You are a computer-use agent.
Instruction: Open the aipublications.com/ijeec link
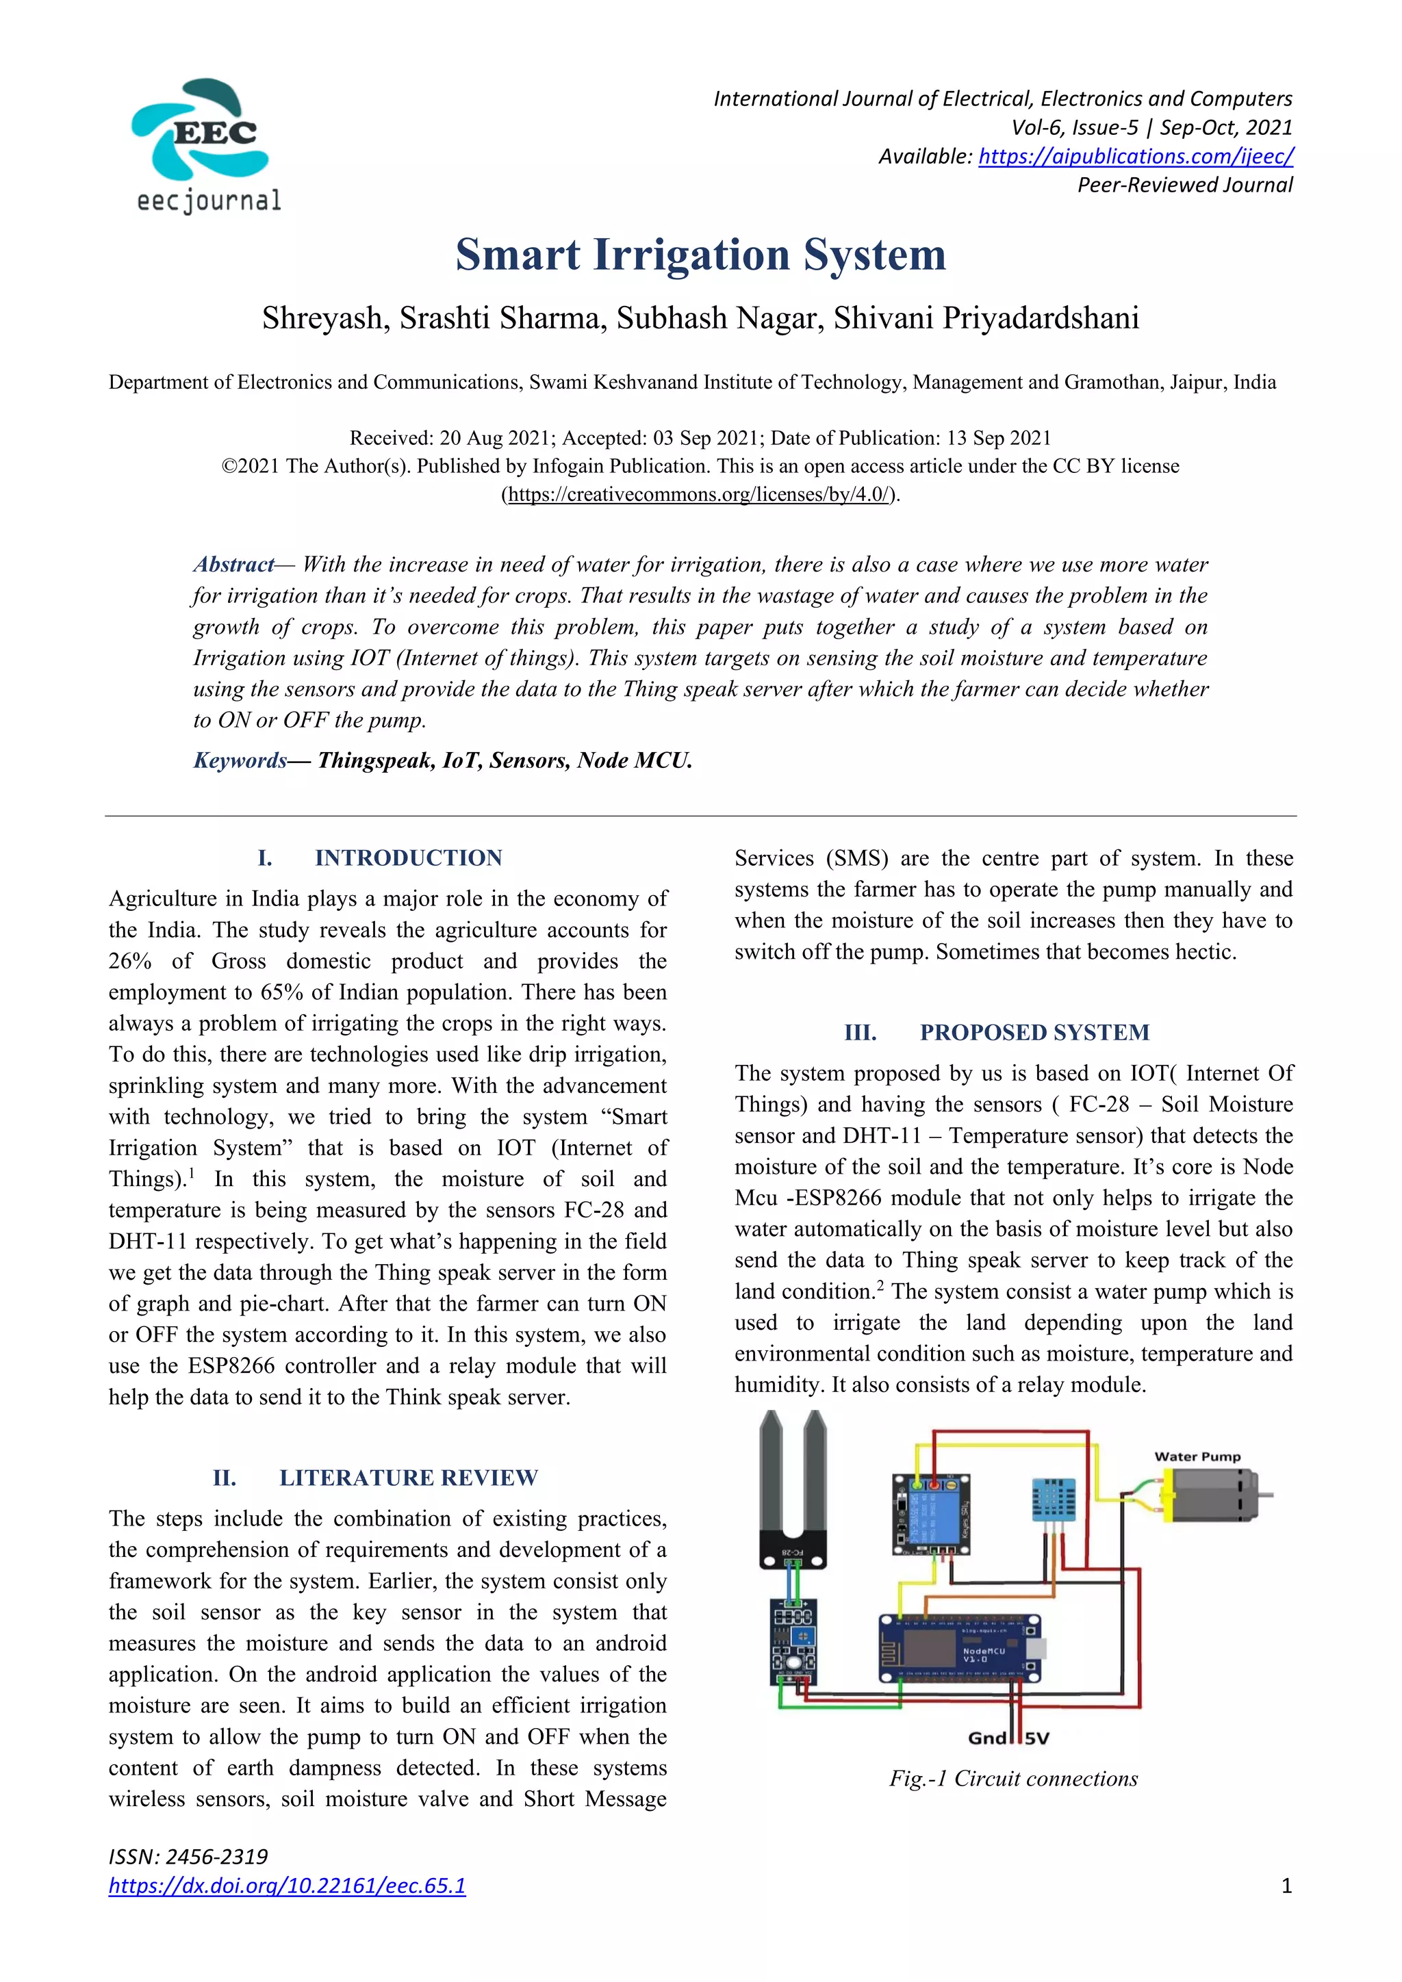[x=1135, y=156]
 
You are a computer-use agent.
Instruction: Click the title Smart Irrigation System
[x=700, y=255]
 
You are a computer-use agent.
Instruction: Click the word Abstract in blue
[x=233, y=565]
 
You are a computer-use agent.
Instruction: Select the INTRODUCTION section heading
[x=407, y=858]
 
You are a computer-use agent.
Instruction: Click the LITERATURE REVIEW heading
[x=407, y=1478]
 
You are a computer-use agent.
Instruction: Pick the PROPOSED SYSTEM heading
[x=1034, y=1033]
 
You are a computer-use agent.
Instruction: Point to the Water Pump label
[x=1197, y=1456]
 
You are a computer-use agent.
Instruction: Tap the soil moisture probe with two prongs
[x=793, y=1489]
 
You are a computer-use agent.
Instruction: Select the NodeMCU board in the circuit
[x=959, y=1649]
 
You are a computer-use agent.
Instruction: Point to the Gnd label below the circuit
[x=986, y=1738]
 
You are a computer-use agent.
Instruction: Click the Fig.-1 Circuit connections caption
[x=1014, y=1778]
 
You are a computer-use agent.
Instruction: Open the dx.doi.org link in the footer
[x=287, y=1886]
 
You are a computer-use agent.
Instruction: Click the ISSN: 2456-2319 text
[x=188, y=1857]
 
